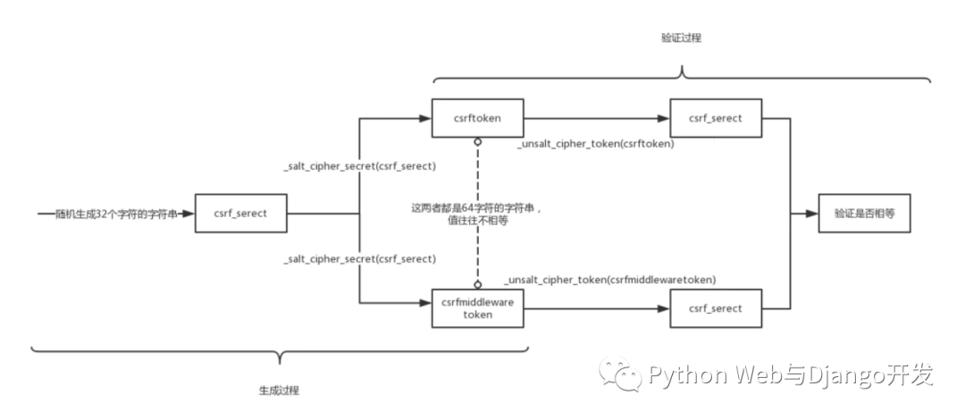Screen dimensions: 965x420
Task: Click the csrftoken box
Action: pyautogui.click(x=477, y=118)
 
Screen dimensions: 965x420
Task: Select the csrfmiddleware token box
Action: pyautogui.click(x=477, y=308)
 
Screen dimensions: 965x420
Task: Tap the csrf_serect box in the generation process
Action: pyautogui.click(x=240, y=214)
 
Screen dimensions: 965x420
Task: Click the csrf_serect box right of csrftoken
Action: pyautogui.click(x=716, y=118)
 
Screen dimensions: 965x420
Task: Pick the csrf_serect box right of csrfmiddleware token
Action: pyautogui.click(x=716, y=308)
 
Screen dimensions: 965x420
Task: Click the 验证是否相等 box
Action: pyautogui.click(x=864, y=214)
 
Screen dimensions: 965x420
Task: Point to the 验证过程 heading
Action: pyautogui.click(x=681, y=38)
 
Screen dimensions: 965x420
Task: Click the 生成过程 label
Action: pyautogui.click(x=279, y=391)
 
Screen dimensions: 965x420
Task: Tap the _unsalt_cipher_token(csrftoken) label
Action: pyautogui.click(x=597, y=144)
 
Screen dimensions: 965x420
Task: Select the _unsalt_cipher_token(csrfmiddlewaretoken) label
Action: pyautogui.click(x=610, y=280)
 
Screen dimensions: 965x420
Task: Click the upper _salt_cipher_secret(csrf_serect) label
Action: pyautogui.click(x=360, y=166)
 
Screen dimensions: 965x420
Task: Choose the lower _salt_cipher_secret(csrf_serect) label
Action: pyautogui.click(x=360, y=258)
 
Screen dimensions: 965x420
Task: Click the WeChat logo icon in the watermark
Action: pyautogui.click(x=620, y=373)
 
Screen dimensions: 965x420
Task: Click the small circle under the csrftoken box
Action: pyautogui.click(x=477, y=142)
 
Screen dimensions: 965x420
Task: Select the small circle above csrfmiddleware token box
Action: pyautogui.click(x=477, y=284)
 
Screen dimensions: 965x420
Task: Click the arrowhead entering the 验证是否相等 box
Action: pyautogui.click(x=812, y=214)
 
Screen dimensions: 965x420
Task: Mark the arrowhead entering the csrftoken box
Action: pyautogui.click(x=425, y=118)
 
